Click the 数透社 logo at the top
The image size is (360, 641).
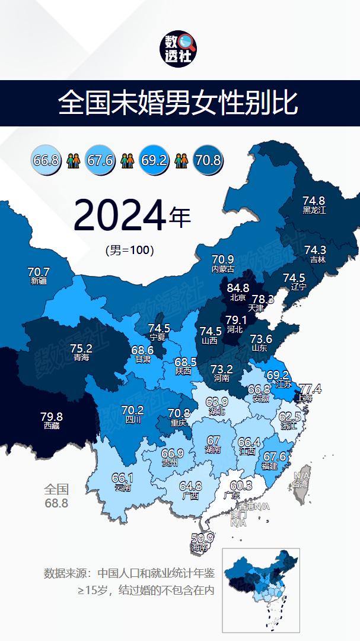180,49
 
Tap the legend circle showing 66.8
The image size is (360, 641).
46,160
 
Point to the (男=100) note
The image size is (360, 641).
129,250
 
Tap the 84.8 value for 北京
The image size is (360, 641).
238,289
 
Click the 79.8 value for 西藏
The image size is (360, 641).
52,417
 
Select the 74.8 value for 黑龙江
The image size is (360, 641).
314,201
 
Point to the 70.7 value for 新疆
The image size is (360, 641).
39,272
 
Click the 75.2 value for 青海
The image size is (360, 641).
81,348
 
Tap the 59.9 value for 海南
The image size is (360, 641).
202,538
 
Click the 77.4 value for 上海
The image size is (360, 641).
310,389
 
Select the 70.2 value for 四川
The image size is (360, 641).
132,410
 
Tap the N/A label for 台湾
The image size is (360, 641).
302,475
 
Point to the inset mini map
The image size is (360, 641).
261,589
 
